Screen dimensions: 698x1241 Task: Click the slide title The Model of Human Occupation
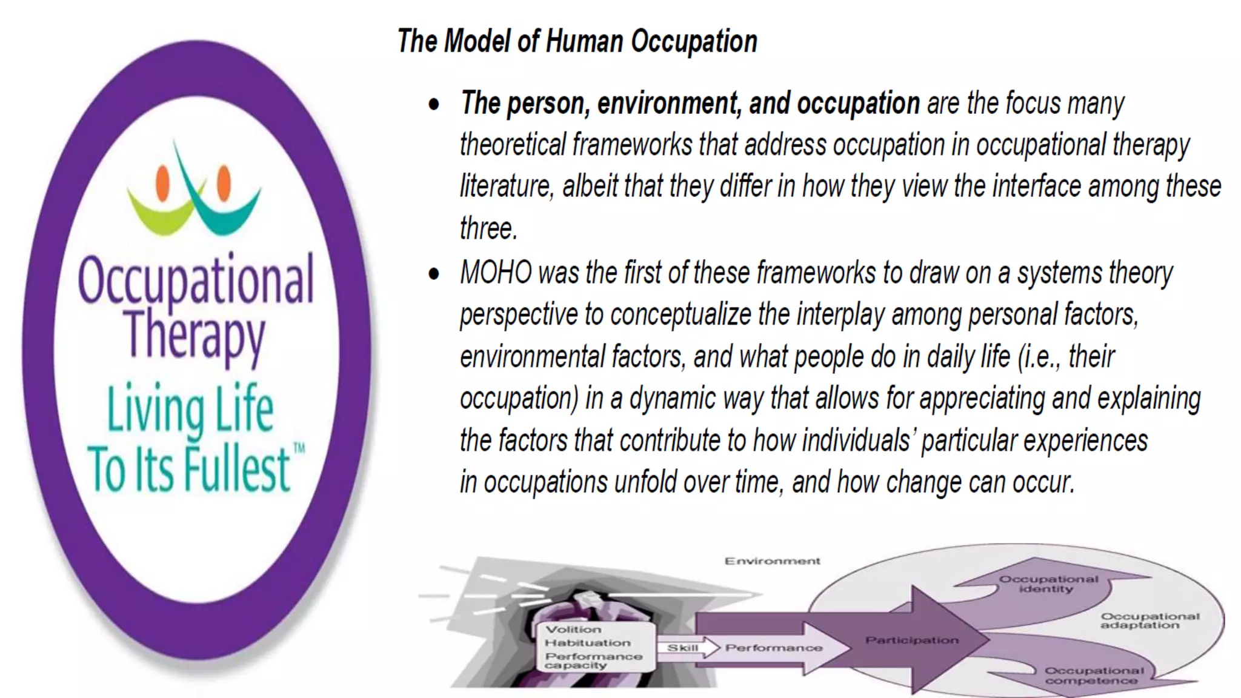577,42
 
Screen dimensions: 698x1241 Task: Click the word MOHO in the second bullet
496,273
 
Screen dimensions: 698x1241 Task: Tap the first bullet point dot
434,104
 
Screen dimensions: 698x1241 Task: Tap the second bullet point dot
434,274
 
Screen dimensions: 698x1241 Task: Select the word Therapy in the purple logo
195,334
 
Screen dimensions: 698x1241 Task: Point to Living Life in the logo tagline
190,408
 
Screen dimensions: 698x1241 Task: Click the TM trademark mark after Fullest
299,449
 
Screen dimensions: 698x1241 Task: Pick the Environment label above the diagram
772,561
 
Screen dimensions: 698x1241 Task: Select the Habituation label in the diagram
587,643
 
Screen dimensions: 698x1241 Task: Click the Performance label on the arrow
774,648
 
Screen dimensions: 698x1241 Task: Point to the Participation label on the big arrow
912,640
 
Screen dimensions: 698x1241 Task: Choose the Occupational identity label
1048,583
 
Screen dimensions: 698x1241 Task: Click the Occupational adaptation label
1150,620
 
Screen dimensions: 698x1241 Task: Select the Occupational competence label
1094,676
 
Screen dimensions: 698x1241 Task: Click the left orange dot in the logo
162,182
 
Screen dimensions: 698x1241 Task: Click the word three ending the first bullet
488,229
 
